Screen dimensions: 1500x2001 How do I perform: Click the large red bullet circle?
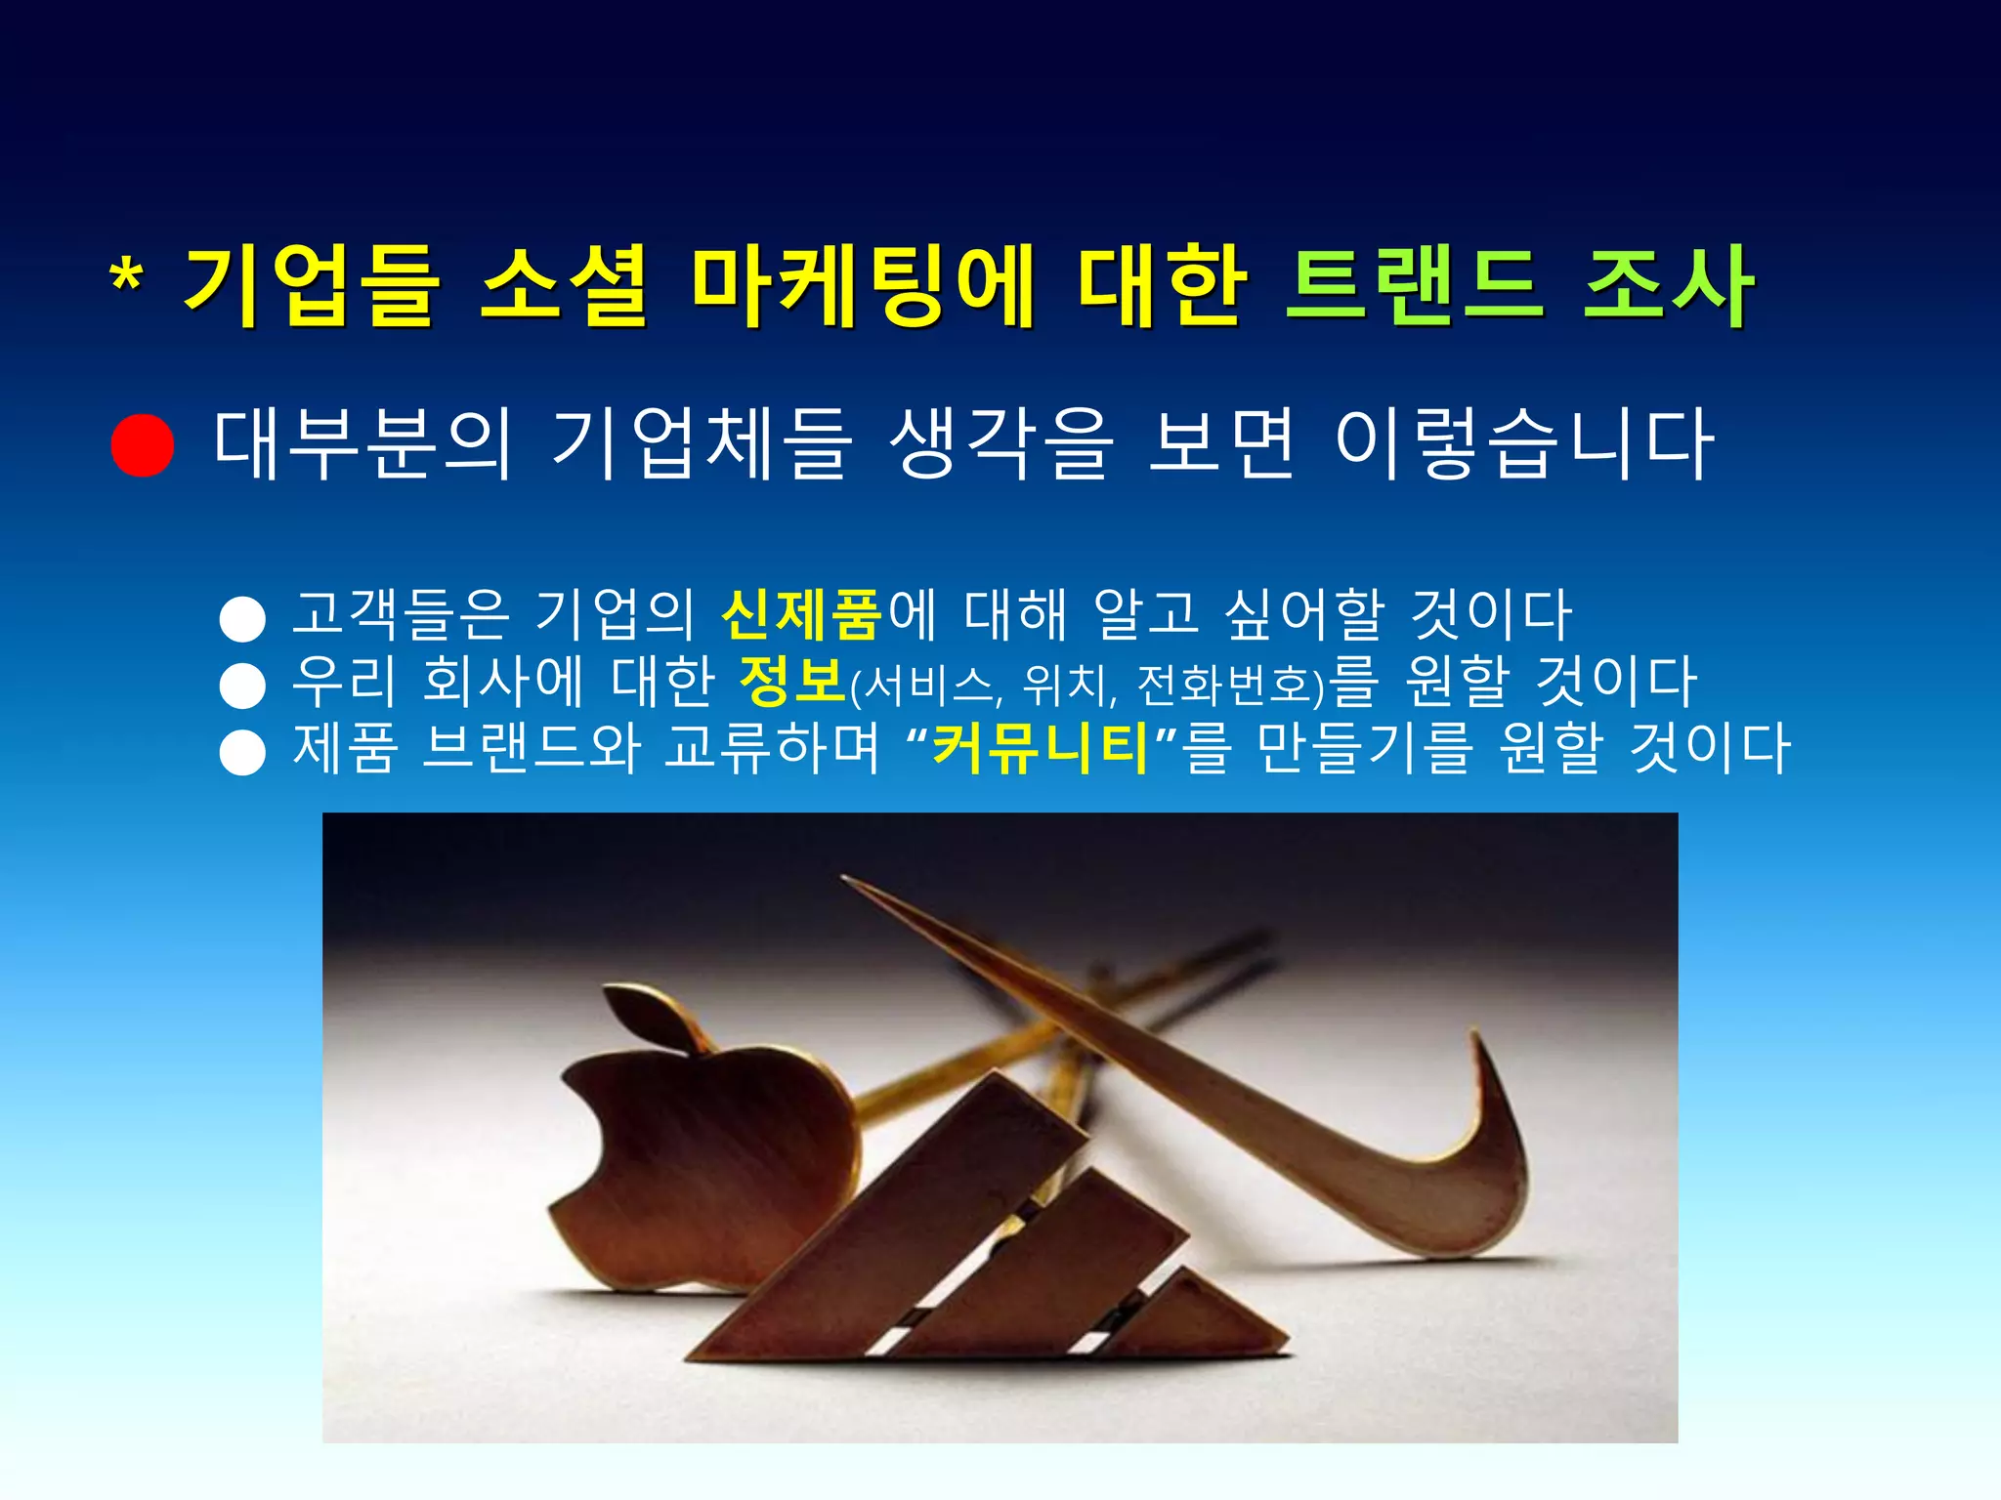point(143,445)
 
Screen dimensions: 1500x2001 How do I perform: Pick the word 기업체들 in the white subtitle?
point(701,444)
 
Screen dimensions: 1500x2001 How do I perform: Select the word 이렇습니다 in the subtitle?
point(1523,444)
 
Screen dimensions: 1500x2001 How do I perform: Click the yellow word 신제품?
point(801,614)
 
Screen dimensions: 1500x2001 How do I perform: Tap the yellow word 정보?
point(792,681)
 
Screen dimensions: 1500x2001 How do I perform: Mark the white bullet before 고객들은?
point(243,619)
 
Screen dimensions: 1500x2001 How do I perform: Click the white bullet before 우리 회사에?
point(243,686)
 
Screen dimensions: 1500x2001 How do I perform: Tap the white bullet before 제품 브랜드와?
point(243,753)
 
